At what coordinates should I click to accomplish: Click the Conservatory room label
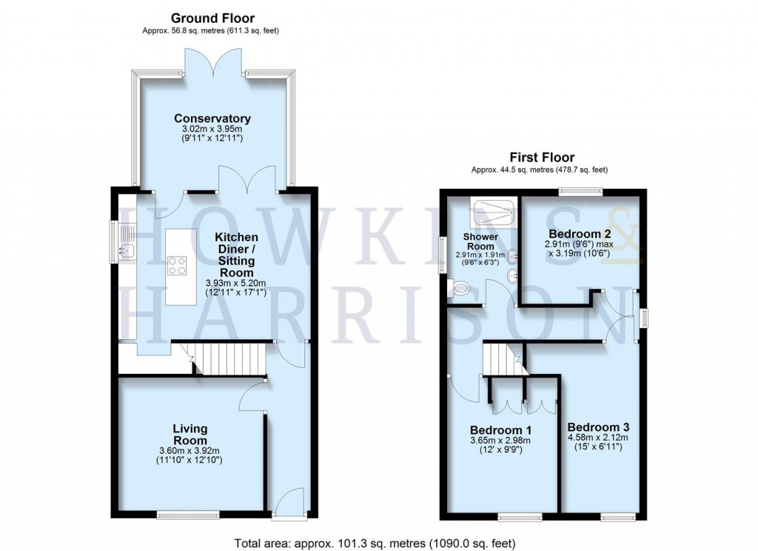212,118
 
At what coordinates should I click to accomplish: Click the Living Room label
190,434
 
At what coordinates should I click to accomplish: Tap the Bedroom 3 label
598,427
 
